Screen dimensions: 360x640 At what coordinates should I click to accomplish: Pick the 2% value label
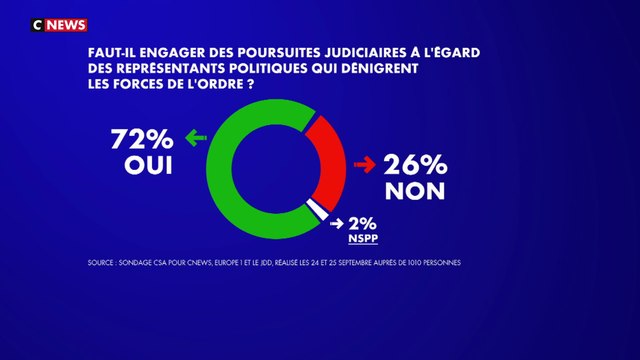point(366,223)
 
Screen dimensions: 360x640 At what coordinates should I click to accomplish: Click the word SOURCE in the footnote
point(103,264)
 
